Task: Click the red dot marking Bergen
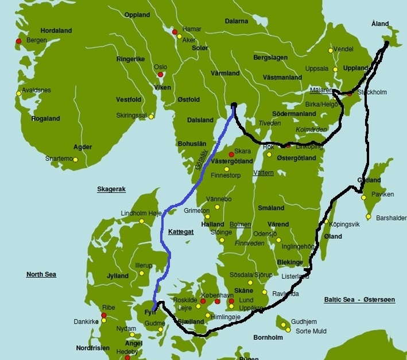click(x=19, y=41)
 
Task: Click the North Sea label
click(x=41, y=274)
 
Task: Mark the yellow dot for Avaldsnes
click(x=19, y=93)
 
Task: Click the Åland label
click(x=379, y=24)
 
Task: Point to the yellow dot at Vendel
click(x=330, y=51)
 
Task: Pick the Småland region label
click(x=272, y=208)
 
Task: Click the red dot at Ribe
click(x=104, y=315)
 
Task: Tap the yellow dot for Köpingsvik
click(x=326, y=221)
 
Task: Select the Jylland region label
click(x=118, y=276)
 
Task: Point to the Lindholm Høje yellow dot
click(x=141, y=221)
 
